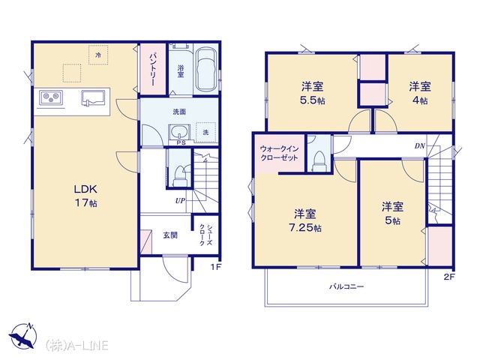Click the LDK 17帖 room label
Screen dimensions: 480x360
[x=85, y=196]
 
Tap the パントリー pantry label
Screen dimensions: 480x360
[x=153, y=70]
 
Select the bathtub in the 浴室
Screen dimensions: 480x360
[x=205, y=69]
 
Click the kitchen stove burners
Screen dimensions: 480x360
[x=51, y=97]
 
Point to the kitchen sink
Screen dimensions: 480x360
[x=93, y=97]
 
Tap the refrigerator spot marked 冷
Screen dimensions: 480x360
[x=98, y=55]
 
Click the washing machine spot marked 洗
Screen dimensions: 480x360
[x=205, y=132]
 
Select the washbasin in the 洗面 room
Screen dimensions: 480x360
[x=179, y=132]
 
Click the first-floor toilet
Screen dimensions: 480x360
[x=179, y=175]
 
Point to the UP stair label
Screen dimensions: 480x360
[x=180, y=200]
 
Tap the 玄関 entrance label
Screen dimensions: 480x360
[x=170, y=235]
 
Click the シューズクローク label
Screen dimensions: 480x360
[x=205, y=235]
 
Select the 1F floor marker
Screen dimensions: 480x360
[x=215, y=267]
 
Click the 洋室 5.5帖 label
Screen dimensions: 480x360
[x=313, y=93]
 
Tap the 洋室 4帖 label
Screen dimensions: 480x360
[x=420, y=93]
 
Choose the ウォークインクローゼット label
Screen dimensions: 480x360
[x=279, y=153]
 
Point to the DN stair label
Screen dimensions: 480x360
[x=420, y=146]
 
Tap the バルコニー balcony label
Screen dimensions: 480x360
[x=346, y=286]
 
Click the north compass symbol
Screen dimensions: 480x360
[x=23, y=335]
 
